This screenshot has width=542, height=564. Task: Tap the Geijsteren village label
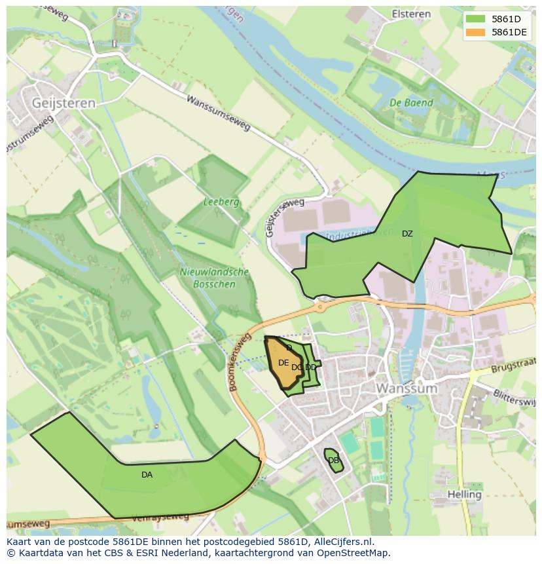pyautogui.click(x=63, y=103)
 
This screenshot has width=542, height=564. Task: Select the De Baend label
pyautogui.click(x=411, y=103)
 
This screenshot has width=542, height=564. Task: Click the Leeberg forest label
pyautogui.click(x=221, y=202)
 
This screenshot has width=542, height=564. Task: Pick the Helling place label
pyautogui.click(x=465, y=494)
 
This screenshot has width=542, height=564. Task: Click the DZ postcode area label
pyautogui.click(x=407, y=234)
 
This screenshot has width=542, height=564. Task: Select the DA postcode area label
pyautogui.click(x=147, y=475)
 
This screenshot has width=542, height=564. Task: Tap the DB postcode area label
pyautogui.click(x=333, y=461)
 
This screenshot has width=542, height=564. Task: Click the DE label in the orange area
pyautogui.click(x=283, y=363)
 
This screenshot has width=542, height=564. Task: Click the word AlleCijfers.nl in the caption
pyautogui.click(x=341, y=542)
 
